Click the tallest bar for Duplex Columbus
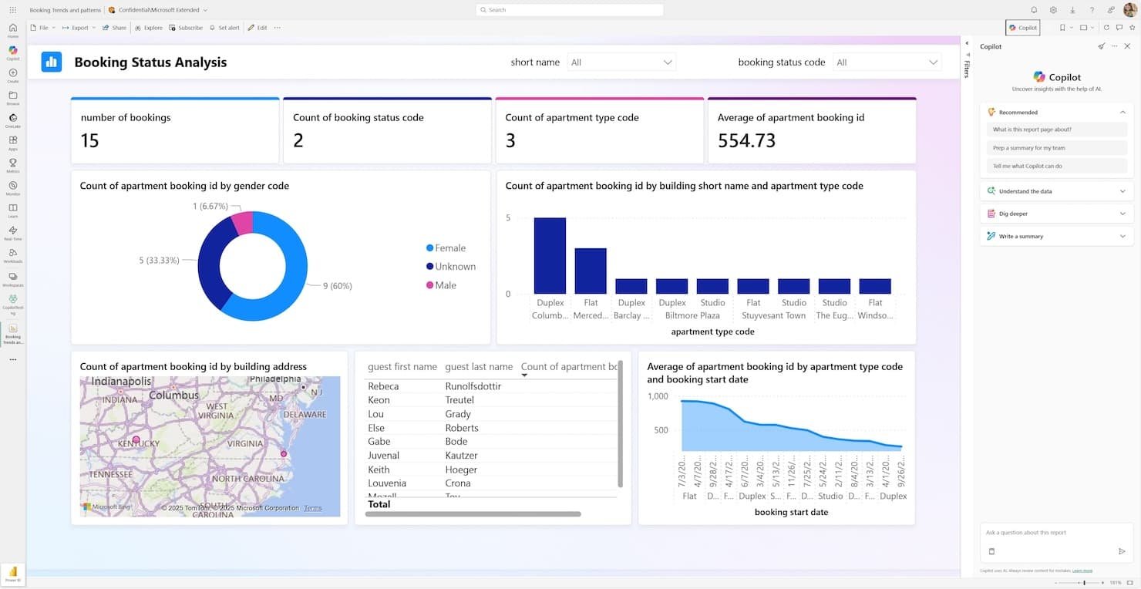pyautogui.click(x=550, y=255)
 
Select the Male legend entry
pyautogui.click(x=445, y=285)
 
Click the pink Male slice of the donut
pyautogui.click(x=243, y=222)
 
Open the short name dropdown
pyautogui.click(x=621, y=62)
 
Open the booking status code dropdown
pyautogui.click(x=887, y=62)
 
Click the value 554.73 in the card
pyautogui.click(x=746, y=140)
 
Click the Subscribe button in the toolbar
pyautogui.click(x=186, y=28)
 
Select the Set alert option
pyautogui.click(x=224, y=28)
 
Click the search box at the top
pyautogui.click(x=570, y=10)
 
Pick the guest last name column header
pyautogui.click(x=479, y=367)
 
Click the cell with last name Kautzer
pyautogui.click(x=461, y=456)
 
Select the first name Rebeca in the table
pyautogui.click(x=383, y=386)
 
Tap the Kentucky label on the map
pyautogui.click(x=140, y=444)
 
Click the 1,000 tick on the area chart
pyautogui.click(x=658, y=396)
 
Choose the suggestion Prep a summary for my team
pyautogui.click(x=1028, y=148)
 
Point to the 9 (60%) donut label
pyautogui.click(x=337, y=286)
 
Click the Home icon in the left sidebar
pyautogui.click(x=13, y=31)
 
